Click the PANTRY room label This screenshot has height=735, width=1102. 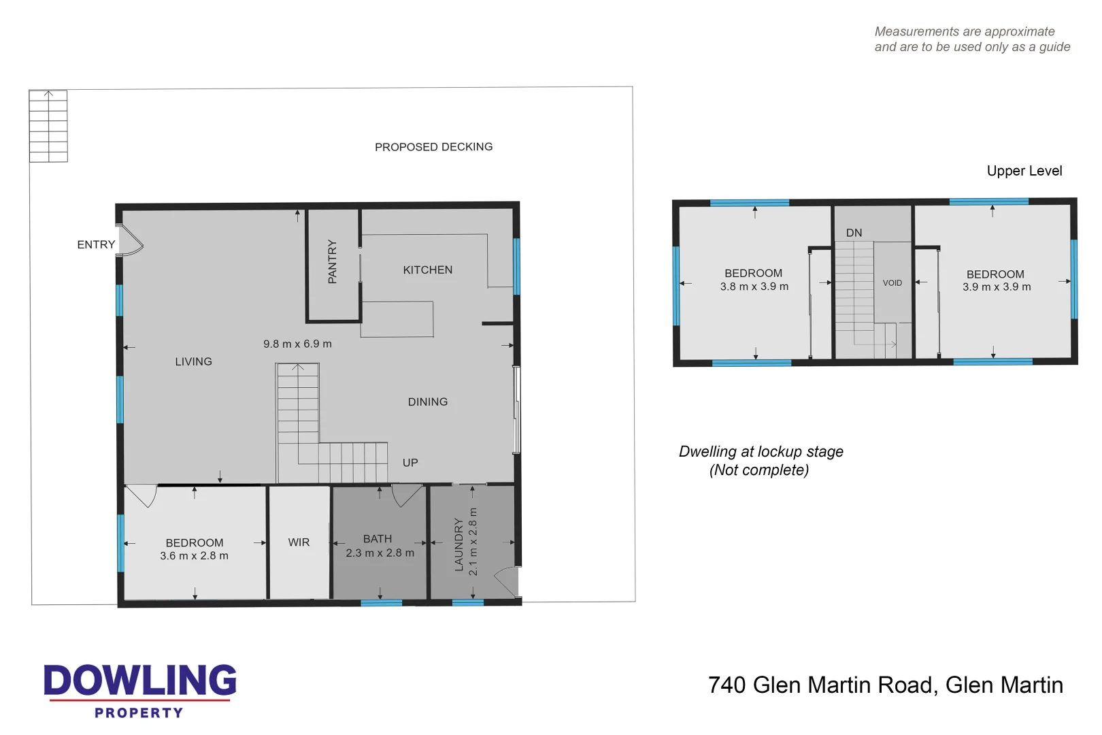tap(332, 261)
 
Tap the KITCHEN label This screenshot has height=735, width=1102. tap(427, 270)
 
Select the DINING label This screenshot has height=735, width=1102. tap(427, 402)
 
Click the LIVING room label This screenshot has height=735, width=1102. tap(193, 362)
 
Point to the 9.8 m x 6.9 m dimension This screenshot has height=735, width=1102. tap(297, 344)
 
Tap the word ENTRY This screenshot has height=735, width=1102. tap(96, 245)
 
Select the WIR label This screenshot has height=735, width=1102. tap(299, 542)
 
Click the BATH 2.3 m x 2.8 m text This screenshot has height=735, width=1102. tap(379, 546)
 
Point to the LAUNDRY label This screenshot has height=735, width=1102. tap(459, 544)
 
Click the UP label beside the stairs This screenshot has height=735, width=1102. tap(410, 463)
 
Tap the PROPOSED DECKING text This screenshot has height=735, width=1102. tap(433, 147)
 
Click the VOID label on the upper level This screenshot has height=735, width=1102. tap(892, 283)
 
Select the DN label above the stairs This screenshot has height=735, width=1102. tap(854, 233)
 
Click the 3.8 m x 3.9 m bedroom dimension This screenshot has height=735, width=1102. tap(754, 287)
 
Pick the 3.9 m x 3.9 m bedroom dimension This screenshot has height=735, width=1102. tap(996, 287)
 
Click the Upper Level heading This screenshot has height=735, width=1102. tap(1024, 171)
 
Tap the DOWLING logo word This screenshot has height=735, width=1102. tap(140, 681)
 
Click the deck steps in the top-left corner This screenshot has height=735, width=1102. tap(48, 127)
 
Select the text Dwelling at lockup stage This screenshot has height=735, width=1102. tap(761, 452)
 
